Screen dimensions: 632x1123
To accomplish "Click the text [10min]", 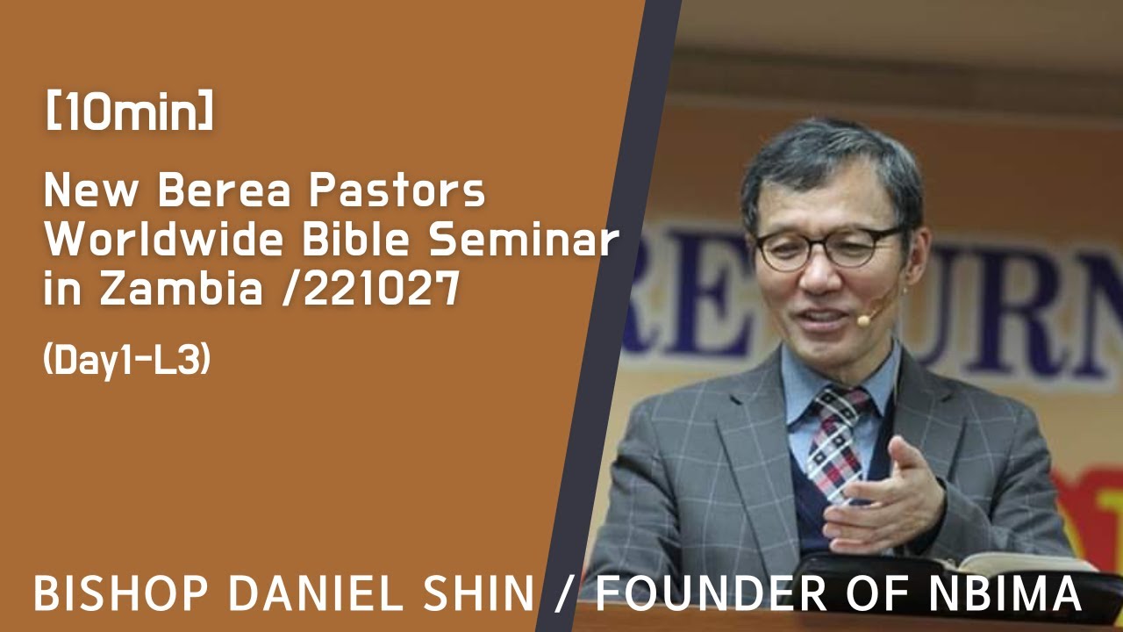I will pyautogui.click(x=128, y=115).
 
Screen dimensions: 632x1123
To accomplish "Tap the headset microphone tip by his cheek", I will pyautogui.click(x=863, y=321).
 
